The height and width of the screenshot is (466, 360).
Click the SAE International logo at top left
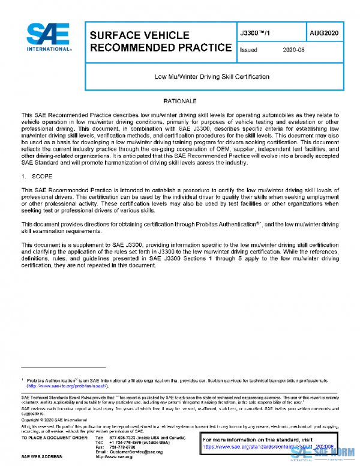(49, 38)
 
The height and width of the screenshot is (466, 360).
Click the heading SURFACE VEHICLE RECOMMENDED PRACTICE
(160, 41)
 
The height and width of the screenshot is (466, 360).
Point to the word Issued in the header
(248, 50)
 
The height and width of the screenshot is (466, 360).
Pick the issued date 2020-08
(293, 50)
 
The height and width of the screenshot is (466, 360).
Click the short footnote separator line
(63, 367)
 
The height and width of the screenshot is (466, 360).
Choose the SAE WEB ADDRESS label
(44, 458)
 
